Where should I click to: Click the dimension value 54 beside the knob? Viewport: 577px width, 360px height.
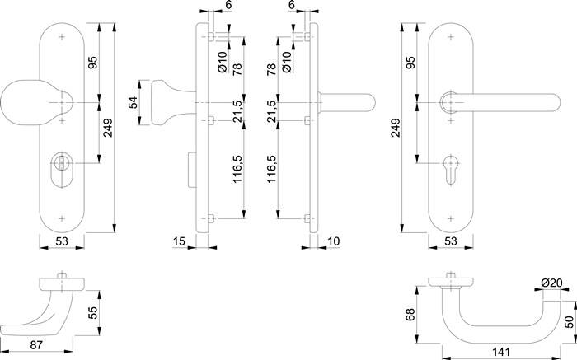pyautogui.click(x=133, y=102)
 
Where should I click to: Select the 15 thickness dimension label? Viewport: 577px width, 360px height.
pyautogui.click(x=179, y=241)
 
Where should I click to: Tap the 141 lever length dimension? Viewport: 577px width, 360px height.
pyautogui.click(x=501, y=352)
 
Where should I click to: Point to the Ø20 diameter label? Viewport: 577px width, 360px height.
pyautogui.click(x=551, y=283)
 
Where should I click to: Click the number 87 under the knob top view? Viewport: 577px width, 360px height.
pyautogui.click(x=36, y=345)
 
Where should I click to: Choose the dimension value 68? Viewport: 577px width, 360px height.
pyautogui.click(x=410, y=315)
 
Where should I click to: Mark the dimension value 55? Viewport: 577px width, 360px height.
pyautogui.click(x=93, y=312)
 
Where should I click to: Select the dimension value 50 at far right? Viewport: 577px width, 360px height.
pyautogui.click(x=570, y=322)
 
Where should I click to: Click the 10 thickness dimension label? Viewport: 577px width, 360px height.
pyautogui.click(x=333, y=241)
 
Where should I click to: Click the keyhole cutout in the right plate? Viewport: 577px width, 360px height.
pyautogui.click(x=451, y=170)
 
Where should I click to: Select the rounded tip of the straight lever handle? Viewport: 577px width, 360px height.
pyautogui.click(x=555, y=102)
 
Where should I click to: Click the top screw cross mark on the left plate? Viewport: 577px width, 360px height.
pyautogui.click(x=62, y=37)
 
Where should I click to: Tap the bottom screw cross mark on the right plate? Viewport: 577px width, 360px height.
pyautogui.click(x=451, y=219)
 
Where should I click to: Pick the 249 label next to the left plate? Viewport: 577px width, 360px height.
pyautogui.click(x=108, y=128)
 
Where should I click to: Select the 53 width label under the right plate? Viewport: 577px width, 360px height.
pyautogui.click(x=451, y=241)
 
